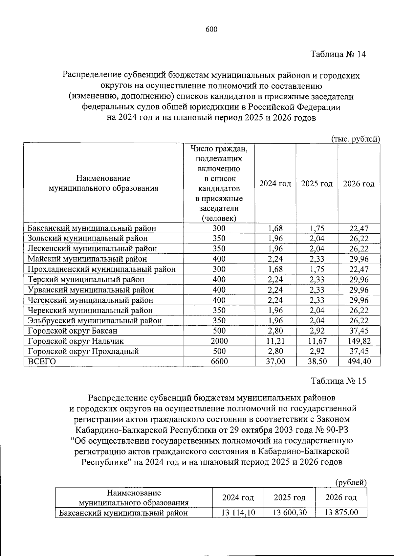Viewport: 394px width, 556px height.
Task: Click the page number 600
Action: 211,30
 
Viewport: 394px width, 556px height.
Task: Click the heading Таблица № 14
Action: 338,54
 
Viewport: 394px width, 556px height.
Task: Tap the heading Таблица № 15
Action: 338,381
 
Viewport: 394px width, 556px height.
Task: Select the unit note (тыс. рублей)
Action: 355,139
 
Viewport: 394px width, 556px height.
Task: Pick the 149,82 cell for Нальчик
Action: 359,341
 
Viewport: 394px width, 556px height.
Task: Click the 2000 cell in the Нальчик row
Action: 219,341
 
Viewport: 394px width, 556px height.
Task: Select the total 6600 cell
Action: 219,361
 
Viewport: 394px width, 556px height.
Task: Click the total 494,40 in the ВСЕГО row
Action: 359,361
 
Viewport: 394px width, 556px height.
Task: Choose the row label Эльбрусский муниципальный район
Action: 95,320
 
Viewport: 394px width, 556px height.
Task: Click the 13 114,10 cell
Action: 238,512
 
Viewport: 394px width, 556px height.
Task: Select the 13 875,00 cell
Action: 341,512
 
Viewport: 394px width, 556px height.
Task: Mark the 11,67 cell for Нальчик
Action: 317,341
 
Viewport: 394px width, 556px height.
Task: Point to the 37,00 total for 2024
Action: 275,361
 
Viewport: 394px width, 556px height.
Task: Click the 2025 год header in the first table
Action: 317,184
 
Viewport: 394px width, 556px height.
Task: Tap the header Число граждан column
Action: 219,183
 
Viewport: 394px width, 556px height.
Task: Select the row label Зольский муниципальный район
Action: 88,238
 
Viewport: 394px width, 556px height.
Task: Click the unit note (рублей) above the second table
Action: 350,482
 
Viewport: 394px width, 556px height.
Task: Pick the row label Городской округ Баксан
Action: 73,331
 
